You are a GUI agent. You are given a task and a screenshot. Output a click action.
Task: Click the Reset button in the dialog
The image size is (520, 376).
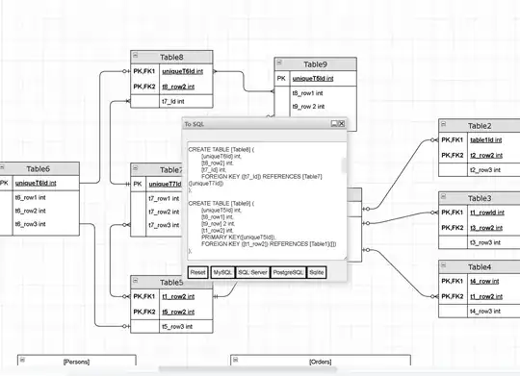point(198,273)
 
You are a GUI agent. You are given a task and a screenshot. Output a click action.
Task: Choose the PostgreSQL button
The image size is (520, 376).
point(290,273)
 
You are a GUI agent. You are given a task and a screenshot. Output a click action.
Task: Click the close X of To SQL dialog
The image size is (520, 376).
point(339,124)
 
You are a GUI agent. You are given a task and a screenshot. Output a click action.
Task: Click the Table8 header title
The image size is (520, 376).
point(172,57)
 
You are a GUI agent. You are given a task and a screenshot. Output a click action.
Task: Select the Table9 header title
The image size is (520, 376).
point(315,63)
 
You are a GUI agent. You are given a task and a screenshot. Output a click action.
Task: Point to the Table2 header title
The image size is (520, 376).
point(480,126)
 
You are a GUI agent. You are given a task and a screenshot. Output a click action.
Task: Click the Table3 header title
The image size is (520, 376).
point(480,198)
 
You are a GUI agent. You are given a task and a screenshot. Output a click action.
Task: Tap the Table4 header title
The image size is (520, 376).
point(480,266)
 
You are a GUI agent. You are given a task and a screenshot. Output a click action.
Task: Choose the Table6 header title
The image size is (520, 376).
point(39,169)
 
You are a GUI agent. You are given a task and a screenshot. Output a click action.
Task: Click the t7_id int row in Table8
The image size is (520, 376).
point(173,100)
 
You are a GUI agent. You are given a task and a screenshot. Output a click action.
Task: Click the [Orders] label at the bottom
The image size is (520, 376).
point(320,362)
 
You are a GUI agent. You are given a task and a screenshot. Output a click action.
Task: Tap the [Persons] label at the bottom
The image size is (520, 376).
point(76,362)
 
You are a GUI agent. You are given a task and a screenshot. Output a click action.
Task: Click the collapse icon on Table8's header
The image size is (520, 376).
point(136,57)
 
